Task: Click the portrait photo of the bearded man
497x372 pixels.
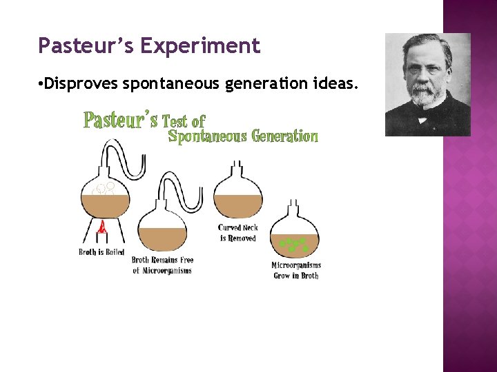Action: (x=427, y=85)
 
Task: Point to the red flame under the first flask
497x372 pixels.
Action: (x=102, y=228)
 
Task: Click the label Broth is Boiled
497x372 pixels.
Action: (x=101, y=252)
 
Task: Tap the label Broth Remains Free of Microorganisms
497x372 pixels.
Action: (x=162, y=265)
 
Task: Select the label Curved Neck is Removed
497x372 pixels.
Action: (x=237, y=233)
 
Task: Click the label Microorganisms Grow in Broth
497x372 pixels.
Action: (x=296, y=270)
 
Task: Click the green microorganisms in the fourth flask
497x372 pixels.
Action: (x=293, y=243)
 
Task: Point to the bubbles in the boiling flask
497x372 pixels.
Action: (x=104, y=187)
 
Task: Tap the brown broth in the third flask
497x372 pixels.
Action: (x=237, y=205)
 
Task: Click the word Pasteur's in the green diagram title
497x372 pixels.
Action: (x=121, y=120)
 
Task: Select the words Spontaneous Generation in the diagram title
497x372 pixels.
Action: (x=243, y=136)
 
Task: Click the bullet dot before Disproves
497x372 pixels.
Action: (x=43, y=85)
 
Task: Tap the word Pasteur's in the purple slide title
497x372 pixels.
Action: (x=86, y=46)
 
